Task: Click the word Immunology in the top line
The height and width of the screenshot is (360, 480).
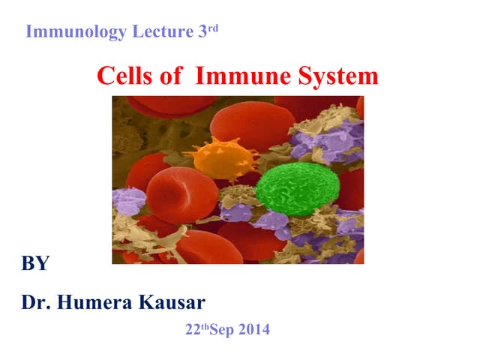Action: point(67,32)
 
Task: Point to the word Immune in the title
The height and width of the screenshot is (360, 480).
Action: point(232,76)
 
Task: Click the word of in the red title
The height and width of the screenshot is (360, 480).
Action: point(169,76)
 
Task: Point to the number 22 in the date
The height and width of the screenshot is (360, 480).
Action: point(190,329)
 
